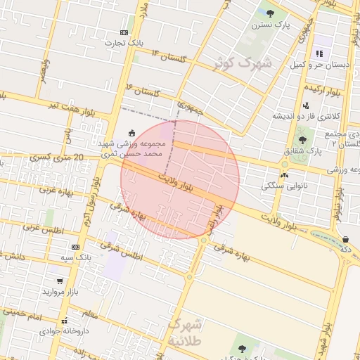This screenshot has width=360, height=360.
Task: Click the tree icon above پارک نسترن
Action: point(270,13)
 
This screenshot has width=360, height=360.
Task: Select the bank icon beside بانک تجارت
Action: point(124,32)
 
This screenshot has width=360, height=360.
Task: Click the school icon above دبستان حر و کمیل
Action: point(319,53)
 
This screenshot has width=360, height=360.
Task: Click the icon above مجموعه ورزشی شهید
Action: point(131,132)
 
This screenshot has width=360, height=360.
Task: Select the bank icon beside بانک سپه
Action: point(76,247)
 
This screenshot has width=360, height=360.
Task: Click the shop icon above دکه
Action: point(345,239)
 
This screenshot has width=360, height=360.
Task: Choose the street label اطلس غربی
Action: point(43,229)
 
